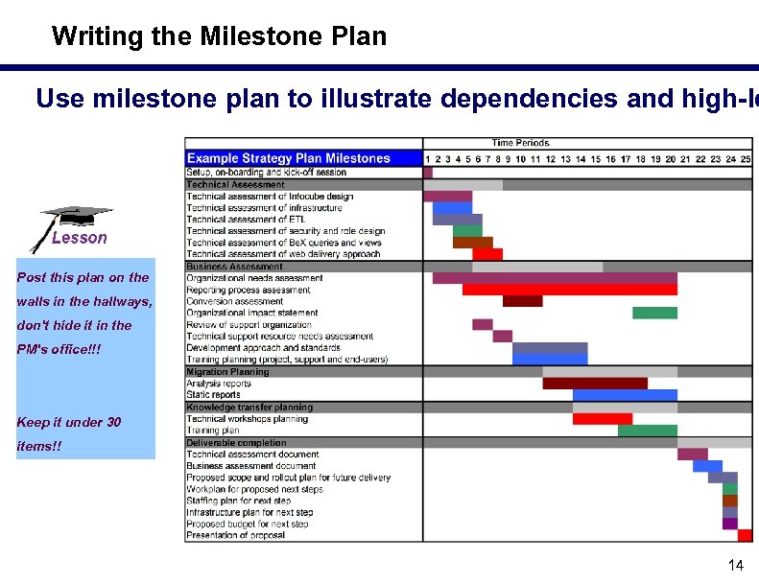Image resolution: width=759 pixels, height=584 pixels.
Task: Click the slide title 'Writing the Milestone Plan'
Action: click(219, 36)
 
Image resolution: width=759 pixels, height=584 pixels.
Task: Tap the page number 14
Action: click(736, 565)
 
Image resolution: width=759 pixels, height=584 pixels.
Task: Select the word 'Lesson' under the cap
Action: click(79, 238)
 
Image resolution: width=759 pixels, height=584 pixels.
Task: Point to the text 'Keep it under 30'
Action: click(69, 422)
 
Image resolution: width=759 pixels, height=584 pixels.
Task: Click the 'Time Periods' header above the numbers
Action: click(520, 143)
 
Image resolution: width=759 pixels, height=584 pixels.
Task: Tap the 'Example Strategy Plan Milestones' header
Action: click(289, 158)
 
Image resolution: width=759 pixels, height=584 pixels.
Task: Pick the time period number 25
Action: click(746, 159)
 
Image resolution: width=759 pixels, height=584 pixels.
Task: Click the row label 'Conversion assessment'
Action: click(235, 301)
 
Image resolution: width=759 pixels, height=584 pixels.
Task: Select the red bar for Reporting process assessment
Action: click(569, 290)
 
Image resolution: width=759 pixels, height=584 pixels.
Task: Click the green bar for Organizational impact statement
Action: click(654, 313)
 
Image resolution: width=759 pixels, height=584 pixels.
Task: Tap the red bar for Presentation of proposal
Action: click(745, 535)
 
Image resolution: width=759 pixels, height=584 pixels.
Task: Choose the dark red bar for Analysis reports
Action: click(595, 384)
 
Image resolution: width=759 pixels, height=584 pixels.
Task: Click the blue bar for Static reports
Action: click(625, 395)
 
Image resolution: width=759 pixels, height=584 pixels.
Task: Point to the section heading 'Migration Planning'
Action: click(228, 372)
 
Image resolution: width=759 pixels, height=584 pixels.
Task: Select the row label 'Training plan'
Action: click(213, 431)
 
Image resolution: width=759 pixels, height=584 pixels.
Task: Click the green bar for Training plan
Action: click(647, 431)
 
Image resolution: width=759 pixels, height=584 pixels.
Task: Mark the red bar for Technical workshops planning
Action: click(602, 419)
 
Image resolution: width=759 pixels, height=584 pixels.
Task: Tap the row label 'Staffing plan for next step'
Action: click(239, 501)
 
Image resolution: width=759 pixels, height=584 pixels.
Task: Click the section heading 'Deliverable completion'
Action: click(236, 443)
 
